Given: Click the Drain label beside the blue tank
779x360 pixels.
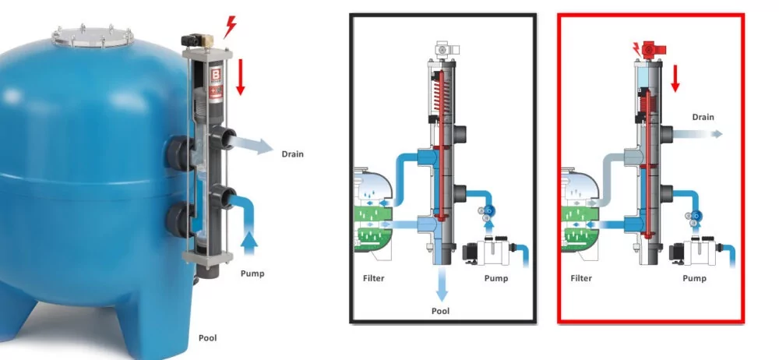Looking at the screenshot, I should coord(292,154).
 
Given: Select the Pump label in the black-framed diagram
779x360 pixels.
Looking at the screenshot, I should coord(496,277).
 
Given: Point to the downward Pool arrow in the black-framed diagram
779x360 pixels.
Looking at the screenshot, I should coord(442,284).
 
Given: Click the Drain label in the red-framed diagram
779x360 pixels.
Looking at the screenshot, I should coord(703,117).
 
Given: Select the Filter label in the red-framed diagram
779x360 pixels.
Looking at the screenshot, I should coord(582,277).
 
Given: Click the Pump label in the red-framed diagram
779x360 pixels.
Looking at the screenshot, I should coord(696,277).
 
